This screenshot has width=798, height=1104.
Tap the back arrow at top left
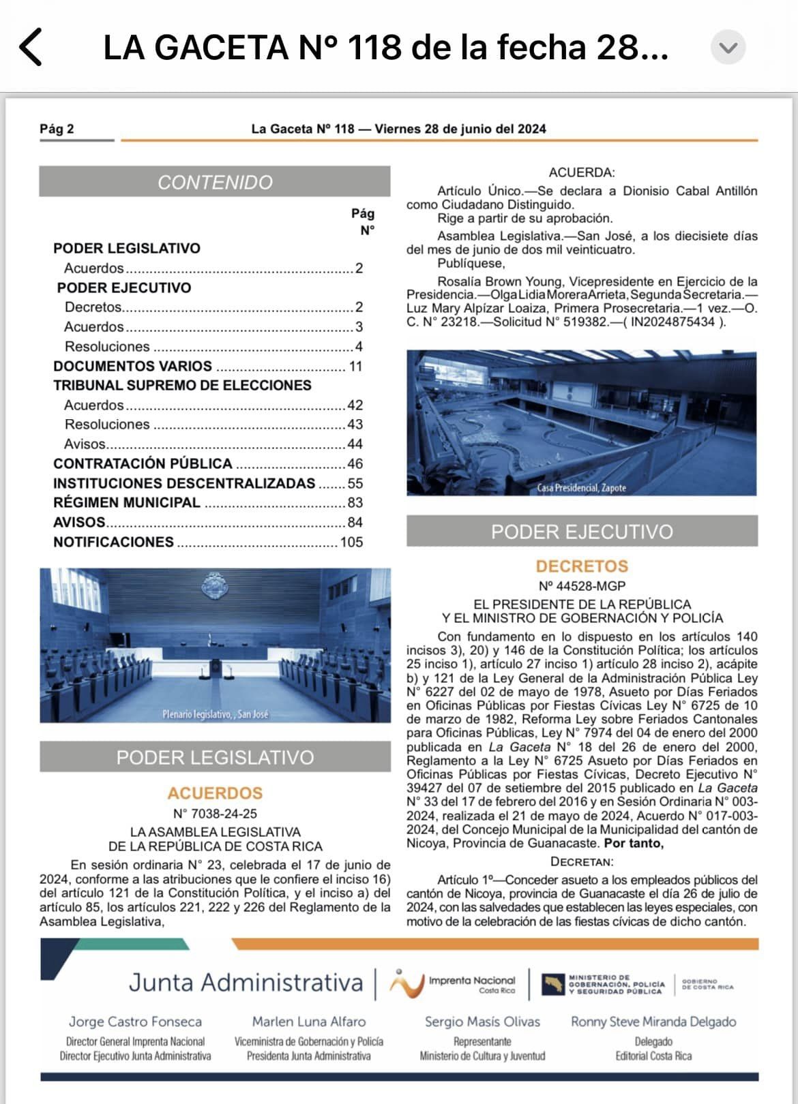click(31, 47)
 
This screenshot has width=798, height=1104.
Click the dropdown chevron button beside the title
click(728, 48)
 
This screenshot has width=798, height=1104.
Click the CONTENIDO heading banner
click(215, 182)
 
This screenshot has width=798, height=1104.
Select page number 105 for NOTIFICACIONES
click(351, 542)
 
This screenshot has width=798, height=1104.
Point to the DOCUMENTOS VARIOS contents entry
click(133, 366)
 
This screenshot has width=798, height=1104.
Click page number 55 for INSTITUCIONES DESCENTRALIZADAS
click(355, 484)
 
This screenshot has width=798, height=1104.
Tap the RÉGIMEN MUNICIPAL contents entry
click(127, 503)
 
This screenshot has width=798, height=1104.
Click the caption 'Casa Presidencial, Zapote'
click(581, 488)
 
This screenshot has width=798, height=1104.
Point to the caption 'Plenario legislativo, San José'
click(216, 714)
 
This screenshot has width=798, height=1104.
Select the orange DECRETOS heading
click(582, 566)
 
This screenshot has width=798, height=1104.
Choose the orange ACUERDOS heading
click(215, 793)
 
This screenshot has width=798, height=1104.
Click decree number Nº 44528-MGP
click(582, 586)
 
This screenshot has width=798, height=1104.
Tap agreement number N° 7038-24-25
click(215, 814)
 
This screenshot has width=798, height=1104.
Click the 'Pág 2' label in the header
click(57, 129)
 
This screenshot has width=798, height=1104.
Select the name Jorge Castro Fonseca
click(135, 1022)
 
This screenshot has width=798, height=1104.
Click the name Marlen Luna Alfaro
click(309, 1022)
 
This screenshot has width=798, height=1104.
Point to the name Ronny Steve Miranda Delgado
click(653, 1022)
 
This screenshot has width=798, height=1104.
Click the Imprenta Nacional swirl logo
click(406, 983)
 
